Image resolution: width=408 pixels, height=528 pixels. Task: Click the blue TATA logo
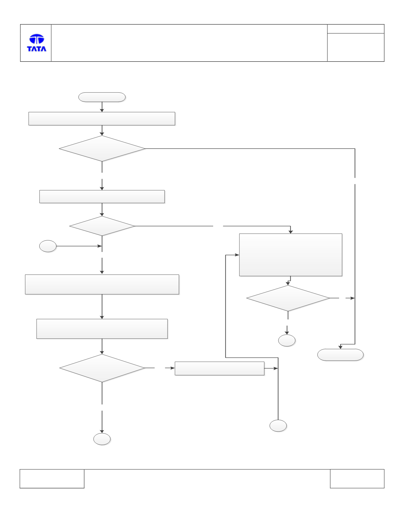37,43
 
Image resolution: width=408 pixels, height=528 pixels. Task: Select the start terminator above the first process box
102,97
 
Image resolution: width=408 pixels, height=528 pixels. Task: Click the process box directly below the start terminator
102,119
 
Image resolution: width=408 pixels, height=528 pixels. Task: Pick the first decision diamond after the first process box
102,149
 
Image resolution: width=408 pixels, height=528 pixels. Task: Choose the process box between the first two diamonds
102,197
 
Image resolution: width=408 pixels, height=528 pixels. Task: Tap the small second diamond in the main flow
102,226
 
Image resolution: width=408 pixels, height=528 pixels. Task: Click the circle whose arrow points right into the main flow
48,246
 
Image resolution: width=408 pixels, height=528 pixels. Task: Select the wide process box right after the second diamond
102,284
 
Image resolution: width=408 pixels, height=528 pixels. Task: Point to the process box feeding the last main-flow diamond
102,329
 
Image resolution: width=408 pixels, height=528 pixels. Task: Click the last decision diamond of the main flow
102,368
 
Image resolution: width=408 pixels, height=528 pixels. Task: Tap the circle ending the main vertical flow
102,439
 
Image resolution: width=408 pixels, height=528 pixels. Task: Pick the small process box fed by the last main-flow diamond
220,368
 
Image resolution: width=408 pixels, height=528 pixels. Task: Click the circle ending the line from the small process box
278,426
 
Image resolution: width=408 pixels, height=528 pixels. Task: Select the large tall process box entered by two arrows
291,255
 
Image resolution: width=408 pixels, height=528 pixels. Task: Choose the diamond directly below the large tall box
288,298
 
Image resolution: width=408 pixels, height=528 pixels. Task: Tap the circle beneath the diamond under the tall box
287,340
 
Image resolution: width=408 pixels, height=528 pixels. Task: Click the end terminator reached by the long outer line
340,355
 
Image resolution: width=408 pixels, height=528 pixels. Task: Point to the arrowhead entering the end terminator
340,347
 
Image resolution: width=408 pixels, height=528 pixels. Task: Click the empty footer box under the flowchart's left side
52,479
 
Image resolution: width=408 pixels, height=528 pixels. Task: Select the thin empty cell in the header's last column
356,29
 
